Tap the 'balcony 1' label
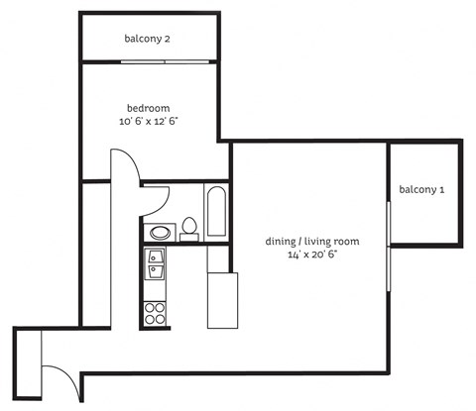click(421, 189)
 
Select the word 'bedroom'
click(148, 108)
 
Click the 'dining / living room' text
click(311, 241)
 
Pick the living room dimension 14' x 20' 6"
click(311, 256)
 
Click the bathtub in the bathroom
click(216, 211)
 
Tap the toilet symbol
click(189, 228)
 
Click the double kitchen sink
click(156, 264)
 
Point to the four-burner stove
click(156, 314)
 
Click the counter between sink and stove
click(156, 290)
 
